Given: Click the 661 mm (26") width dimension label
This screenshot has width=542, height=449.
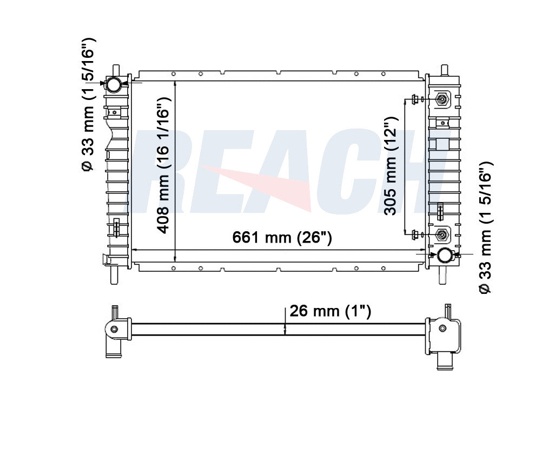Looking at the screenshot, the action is [x=282, y=238].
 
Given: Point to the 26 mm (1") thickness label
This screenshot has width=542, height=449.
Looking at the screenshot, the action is [x=330, y=311].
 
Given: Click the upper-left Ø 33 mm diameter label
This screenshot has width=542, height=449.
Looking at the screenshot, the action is [x=88, y=104].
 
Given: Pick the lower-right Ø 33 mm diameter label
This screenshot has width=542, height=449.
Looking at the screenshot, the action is [x=485, y=228].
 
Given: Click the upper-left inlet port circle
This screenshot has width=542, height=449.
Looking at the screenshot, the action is [x=114, y=84].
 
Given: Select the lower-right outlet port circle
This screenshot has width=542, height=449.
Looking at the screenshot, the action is [x=444, y=255].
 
